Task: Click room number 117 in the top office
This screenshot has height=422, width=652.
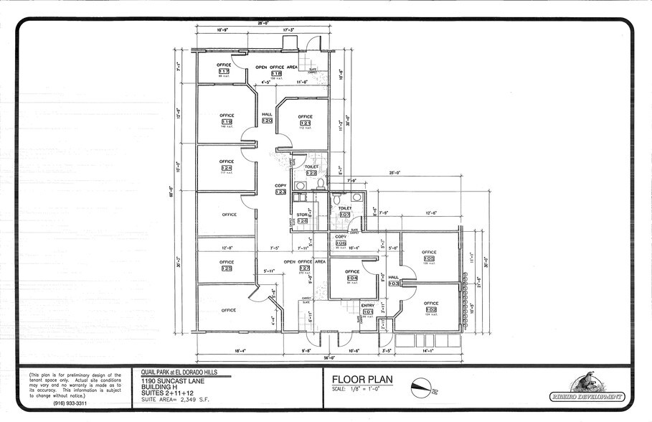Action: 225,72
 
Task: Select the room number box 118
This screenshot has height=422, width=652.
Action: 276,74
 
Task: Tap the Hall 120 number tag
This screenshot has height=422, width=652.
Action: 267,121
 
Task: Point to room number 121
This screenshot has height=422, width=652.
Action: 306,123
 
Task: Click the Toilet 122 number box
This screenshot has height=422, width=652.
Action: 311,173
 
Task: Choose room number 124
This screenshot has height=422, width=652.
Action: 227,168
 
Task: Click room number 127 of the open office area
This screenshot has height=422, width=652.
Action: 305,268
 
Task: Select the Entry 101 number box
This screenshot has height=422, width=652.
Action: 368,311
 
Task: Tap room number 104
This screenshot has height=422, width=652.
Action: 352,278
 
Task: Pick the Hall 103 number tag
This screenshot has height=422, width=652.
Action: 394,283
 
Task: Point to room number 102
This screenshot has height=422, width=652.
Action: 430,310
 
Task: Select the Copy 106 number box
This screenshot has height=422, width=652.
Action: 341,243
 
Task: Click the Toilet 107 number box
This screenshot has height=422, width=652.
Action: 345,214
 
